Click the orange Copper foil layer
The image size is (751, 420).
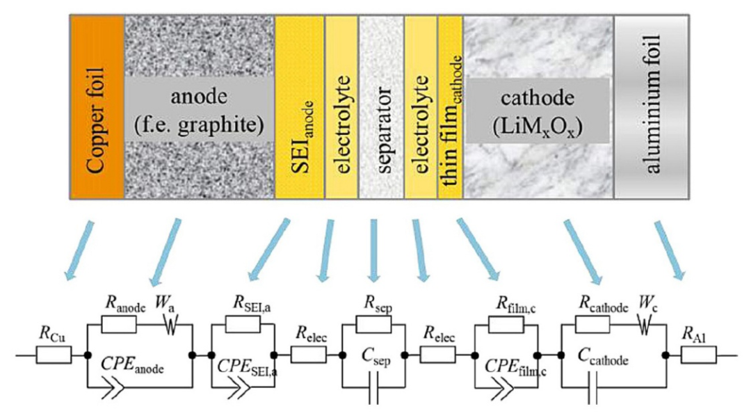[96, 104]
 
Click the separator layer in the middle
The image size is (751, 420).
[381, 104]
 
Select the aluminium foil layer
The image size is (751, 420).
[652, 104]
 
